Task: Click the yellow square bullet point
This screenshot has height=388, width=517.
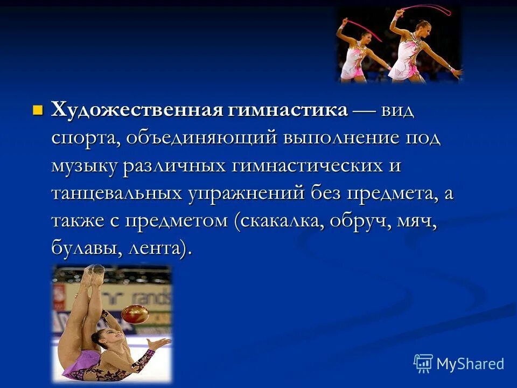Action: coord(37,111)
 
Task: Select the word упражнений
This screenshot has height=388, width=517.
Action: coord(247,193)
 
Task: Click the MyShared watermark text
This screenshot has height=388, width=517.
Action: coord(470,363)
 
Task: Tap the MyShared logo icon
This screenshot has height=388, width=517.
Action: coord(423,363)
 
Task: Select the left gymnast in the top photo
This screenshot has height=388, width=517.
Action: coord(358,51)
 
